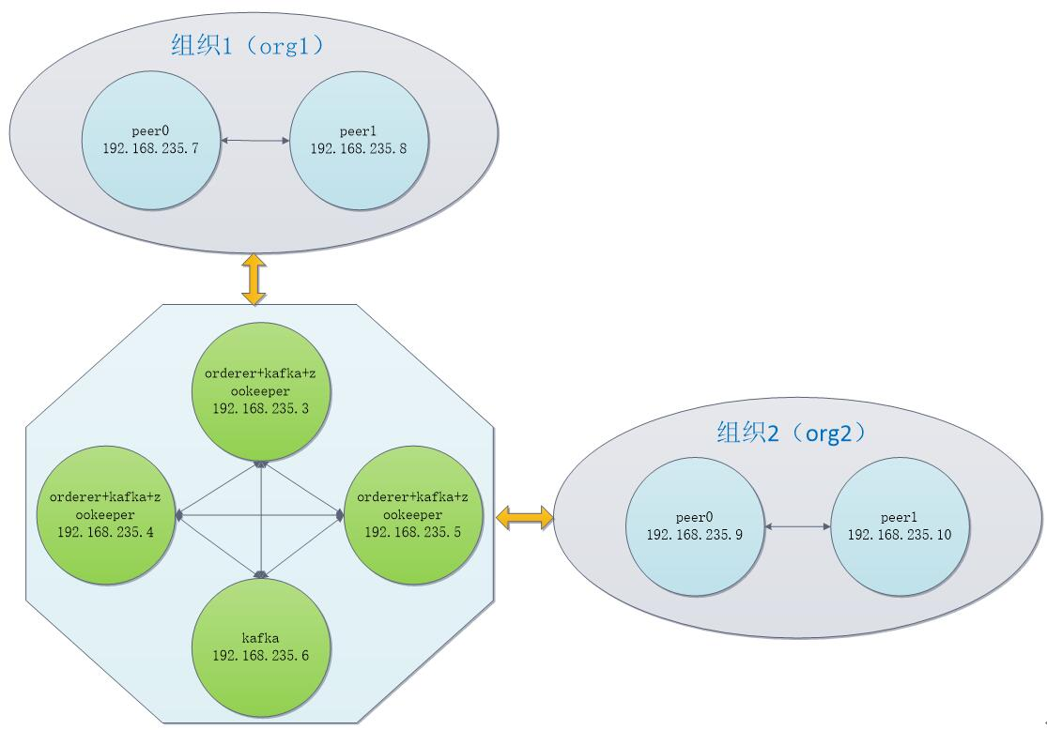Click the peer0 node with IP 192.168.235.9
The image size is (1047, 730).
[695, 526]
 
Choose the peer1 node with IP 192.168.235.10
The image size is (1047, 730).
[900, 526]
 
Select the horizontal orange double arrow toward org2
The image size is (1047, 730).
[524, 516]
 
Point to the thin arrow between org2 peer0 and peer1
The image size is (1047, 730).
[797, 526]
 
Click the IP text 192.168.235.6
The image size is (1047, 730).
[261, 655]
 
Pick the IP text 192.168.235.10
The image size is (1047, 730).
[900, 534]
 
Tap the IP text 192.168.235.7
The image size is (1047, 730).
[148, 148]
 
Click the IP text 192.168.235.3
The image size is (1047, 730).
[261, 408]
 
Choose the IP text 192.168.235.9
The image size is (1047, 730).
[695, 534]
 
